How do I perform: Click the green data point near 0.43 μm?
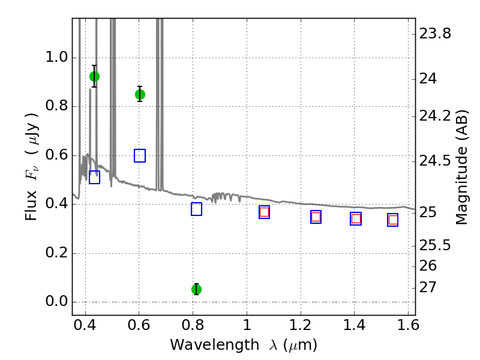tap(94, 77)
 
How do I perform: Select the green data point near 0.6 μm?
tap(140, 95)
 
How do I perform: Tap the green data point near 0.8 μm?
tap(197, 289)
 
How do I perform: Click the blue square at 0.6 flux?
tap(140, 155)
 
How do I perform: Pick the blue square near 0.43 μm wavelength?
tap(94, 177)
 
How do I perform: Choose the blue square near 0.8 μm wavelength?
tap(197, 209)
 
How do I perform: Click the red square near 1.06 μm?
tap(264, 212)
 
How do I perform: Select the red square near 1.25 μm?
tap(316, 217)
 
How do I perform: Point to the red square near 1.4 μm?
tap(356, 219)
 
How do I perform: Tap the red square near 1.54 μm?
tap(393, 220)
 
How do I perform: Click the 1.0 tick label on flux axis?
tap(56, 57)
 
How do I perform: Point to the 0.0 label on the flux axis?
tap(56, 302)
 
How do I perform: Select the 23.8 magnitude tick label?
tap(435, 34)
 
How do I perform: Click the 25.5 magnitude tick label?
tap(435, 245)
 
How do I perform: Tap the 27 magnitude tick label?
tap(428, 287)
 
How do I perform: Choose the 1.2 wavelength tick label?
tap(301, 325)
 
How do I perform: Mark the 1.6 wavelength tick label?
tap(408, 325)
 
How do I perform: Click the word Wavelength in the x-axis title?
tap(215, 345)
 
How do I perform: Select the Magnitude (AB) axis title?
tap(461, 167)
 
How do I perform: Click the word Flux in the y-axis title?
tap(31, 206)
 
